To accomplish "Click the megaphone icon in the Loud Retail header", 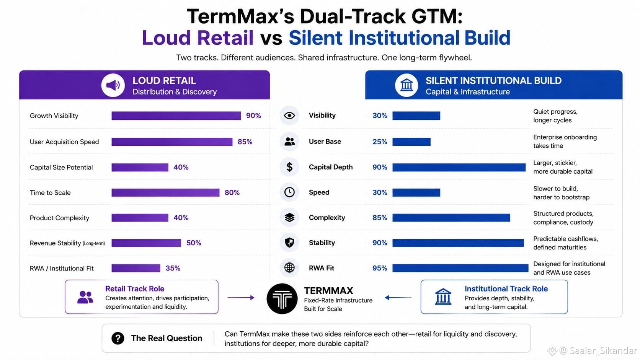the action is (x=113, y=85).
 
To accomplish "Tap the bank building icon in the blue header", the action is (x=406, y=85).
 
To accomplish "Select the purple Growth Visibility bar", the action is (x=176, y=116).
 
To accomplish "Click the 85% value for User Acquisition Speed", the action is (x=245, y=142).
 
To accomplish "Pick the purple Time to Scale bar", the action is (x=165, y=192).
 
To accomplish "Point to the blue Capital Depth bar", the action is (x=459, y=167).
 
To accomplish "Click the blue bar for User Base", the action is (x=411, y=142).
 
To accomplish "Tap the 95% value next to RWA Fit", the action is (x=380, y=268).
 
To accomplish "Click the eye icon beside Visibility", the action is (x=289, y=115).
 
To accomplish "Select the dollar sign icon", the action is (x=289, y=167).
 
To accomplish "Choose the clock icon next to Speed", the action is (x=289, y=192).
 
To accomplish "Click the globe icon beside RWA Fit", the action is (x=289, y=268).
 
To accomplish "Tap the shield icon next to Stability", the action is (x=289, y=243).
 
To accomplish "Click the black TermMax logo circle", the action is (x=282, y=299).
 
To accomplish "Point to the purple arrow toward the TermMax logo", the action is (x=241, y=298).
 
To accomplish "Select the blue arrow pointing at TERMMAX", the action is (x=398, y=298).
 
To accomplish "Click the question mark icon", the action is (x=118, y=338).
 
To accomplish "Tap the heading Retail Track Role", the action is (x=135, y=288).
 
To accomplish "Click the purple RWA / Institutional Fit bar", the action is (x=136, y=268).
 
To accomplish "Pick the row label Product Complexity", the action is (x=59, y=218).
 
